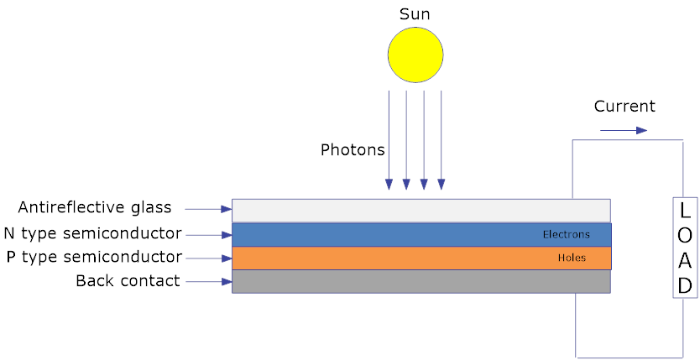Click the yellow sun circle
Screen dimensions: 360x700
point(415,55)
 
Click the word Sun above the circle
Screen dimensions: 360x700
point(415,14)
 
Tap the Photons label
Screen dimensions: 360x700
point(353,150)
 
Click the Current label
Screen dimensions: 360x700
point(624,107)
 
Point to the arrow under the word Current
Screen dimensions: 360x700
point(624,130)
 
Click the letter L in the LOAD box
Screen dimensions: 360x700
point(685,210)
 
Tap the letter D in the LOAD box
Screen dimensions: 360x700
point(685,286)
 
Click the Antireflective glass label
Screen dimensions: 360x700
point(95,207)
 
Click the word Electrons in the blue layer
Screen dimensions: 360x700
point(566,235)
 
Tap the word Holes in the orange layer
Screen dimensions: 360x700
point(571,258)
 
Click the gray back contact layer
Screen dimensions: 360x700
point(420,281)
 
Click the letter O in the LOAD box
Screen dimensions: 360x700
point(685,235)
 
